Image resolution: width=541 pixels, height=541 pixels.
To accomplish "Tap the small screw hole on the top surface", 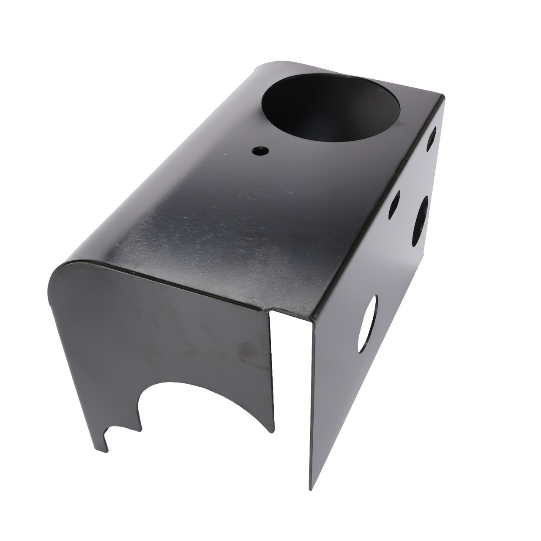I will click(x=258, y=150).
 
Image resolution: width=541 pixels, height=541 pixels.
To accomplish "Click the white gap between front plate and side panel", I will click(x=292, y=380).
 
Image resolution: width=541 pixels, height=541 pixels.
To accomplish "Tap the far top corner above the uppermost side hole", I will click(x=443, y=98).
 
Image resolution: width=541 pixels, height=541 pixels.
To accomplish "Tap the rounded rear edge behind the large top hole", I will click(x=270, y=66).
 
